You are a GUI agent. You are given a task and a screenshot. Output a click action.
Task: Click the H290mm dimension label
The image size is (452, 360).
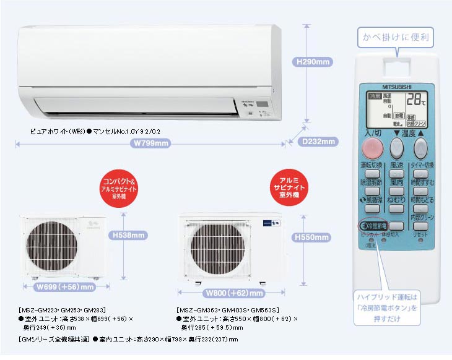(314, 62)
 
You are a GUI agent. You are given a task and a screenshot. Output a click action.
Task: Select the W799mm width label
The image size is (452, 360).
(151, 144)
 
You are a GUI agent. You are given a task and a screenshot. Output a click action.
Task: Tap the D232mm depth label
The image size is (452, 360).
(319, 142)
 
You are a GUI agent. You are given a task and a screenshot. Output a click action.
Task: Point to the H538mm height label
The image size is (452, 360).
(129, 235)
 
